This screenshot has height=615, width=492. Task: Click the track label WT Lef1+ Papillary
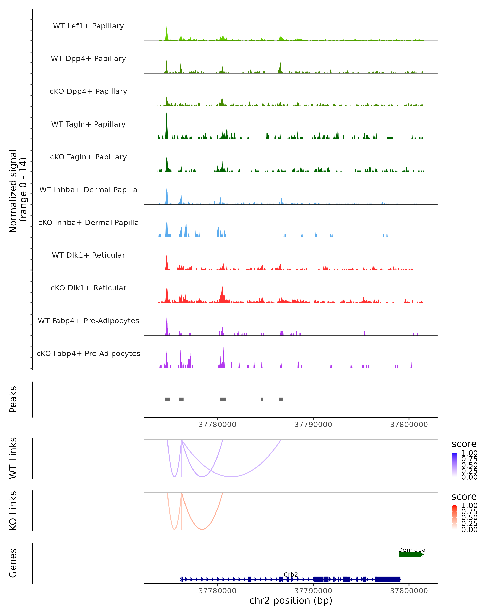[88, 26]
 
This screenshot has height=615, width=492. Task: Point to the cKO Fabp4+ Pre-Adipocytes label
[88, 353]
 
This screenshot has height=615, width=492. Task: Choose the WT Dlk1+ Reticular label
[88, 255]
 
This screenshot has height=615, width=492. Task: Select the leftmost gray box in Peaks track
[167, 399]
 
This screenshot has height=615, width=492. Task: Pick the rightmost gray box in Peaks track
[281, 399]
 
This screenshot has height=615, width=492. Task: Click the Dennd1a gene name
[412, 550]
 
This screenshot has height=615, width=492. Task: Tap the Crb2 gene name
[291, 574]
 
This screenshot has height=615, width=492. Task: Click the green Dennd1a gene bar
[410, 555]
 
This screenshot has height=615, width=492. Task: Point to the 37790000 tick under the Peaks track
[313, 425]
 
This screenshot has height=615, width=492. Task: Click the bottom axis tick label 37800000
[409, 591]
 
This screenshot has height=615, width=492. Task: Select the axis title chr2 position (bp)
[291, 601]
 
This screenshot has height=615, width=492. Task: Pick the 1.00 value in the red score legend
[469, 506]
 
